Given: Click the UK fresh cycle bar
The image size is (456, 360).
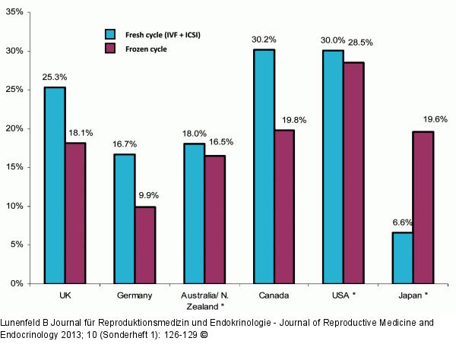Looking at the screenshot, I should pyautogui.click(x=54, y=185).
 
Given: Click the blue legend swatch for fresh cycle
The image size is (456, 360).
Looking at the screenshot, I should pyautogui.click(x=109, y=33).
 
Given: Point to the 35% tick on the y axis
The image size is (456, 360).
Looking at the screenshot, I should pyautogui.click(x=14, y=12).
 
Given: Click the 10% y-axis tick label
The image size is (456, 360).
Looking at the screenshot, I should pyautogui.click(x=14, y=206).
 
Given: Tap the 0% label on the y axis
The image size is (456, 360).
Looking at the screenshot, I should pyautogui.click(x=17, y=283).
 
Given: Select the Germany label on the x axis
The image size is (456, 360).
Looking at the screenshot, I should pyautogui.click(x=135, y=295).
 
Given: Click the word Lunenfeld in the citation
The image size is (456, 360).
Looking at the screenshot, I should pyautogui.click(x=23, y=323).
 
